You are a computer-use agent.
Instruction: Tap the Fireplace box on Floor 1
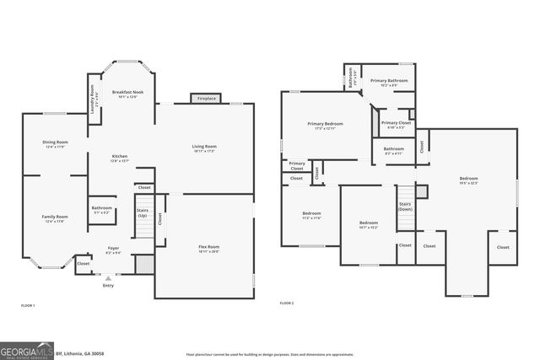tap(206, 99)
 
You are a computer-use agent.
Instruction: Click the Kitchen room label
tap(120, 158)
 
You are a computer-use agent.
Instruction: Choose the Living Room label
tap(204, 148)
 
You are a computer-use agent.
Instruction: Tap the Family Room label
tap(56, 218)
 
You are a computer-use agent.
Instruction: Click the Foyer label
tap(112, 249)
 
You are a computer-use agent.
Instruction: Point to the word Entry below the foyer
tap(108, 286)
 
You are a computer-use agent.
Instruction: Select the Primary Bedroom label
tap(325, 126)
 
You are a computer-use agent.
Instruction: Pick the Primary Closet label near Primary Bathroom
tap(395, 124)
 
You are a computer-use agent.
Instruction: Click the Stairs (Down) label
tap(405, 207)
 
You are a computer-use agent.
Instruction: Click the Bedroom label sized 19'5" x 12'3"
tap(468, 180)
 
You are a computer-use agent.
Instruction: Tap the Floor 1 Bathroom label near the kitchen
tap(102, 209)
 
